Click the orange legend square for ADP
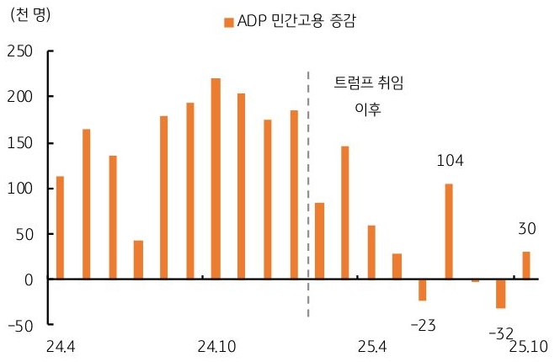pyautogui.click(x=228, y=22)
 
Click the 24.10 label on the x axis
pyautogui.click(x=216, y=347)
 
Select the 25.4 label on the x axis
pyautogui.click(x=371, y=347)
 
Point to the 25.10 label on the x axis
pyautogui.click(x=529, y=347)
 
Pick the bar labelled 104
pyautogui.click(x=449, y=231)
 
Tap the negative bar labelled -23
pyautogui.click(x=423, y=289)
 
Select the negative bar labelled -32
pyautogui.click(x=500, y=293)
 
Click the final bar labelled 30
pyautogui.click(x=526, y=265)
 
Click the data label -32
pyautogui.click(x=500, y=333)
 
